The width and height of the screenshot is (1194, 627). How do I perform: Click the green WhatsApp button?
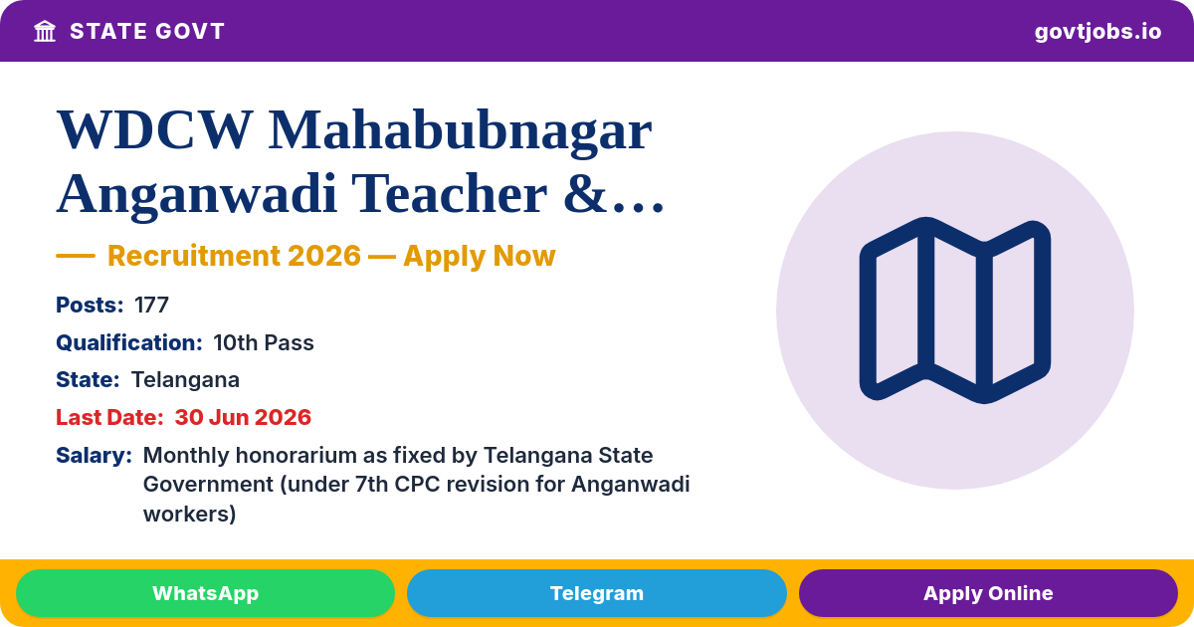205,593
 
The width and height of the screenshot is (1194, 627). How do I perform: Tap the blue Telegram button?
596,593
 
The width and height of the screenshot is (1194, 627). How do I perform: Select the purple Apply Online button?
988,593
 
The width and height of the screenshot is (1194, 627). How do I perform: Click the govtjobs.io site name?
1097,32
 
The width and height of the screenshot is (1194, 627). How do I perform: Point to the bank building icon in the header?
45,32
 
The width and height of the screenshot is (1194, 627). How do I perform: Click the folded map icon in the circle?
954,311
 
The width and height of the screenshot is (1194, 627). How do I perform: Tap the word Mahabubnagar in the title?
460,131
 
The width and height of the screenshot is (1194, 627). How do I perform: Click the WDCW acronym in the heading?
153,130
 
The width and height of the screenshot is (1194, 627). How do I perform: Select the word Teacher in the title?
450,193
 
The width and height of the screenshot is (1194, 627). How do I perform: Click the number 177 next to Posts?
151,305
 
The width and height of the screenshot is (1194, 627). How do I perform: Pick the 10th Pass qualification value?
264,342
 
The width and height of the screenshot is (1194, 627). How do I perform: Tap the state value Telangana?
185,380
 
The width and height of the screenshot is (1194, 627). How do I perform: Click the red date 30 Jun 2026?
243,417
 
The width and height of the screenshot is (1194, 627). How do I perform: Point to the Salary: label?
94,456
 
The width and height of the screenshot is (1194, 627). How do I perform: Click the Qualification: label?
129,342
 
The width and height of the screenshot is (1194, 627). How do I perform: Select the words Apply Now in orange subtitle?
480,256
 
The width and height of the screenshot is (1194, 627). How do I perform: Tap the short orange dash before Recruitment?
76,256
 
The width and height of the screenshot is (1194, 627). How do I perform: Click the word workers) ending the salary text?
189,514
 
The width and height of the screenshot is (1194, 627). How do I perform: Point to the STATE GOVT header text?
147,32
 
